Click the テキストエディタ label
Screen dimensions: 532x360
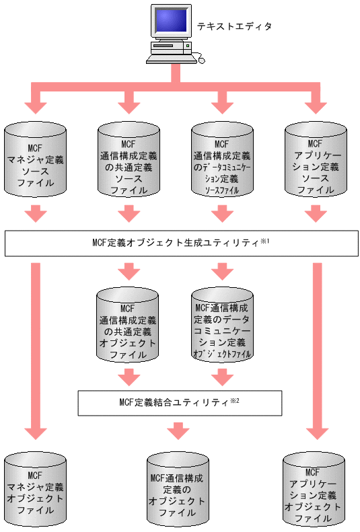coord(234,27)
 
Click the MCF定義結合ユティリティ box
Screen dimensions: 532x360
coord(178,404)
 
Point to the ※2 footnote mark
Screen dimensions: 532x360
coord(235,401)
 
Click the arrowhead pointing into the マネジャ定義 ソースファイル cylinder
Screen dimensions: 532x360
coord(36,107)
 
